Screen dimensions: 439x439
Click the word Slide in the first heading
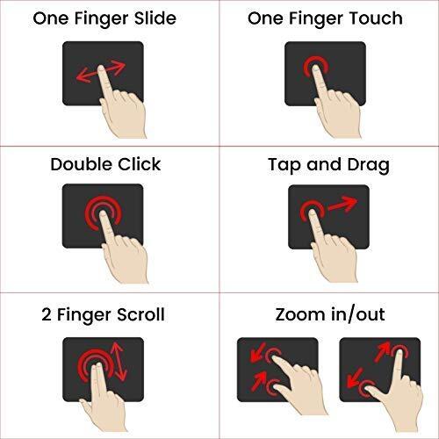[x=155, y=18]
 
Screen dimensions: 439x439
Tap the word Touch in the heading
[x=376, y=18]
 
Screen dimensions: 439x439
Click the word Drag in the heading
[x=368, y=165]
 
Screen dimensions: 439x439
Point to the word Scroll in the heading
[x=140, y=314]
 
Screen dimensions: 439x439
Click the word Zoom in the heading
[x=301, y=314]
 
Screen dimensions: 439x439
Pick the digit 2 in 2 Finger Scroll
[x=47, y=315]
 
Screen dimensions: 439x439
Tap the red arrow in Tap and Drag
[x=342, y=204]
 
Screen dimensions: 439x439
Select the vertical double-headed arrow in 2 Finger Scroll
[x=119, y=361]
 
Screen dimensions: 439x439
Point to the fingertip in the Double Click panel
[x=103, y=214]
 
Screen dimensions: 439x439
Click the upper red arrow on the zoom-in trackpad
[x=258, y=352]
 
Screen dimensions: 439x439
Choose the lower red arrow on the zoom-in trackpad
[x=259, y=381]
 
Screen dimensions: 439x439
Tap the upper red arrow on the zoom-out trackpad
[x=383, y=351]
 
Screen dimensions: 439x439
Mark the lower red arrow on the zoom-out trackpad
[x=355, y=378]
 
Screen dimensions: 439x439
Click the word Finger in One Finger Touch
[x=317, y=19]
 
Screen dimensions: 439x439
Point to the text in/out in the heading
[x=358, y=315]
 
